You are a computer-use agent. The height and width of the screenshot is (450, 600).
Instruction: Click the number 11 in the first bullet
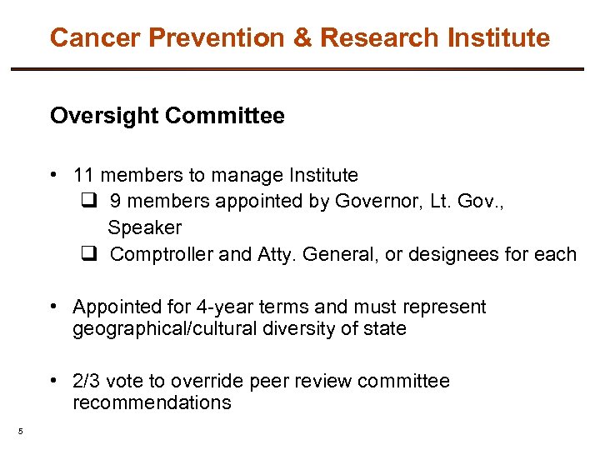(82, 175)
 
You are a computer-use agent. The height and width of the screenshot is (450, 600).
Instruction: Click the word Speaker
(144, 227)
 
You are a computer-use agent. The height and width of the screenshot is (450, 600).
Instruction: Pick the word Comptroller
(162, 254)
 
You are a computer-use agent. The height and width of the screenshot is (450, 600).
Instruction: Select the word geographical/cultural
(165, 328)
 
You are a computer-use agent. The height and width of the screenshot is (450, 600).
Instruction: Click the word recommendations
(152, 402)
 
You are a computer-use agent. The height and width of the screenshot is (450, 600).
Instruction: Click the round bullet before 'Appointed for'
(53, 307)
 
